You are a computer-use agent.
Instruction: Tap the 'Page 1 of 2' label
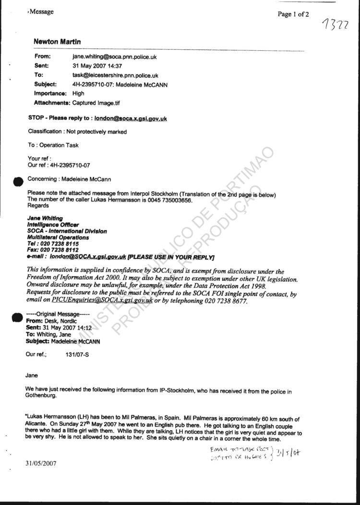click(x=293, y=14)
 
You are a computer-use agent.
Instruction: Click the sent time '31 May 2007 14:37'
click(x=97, y=66)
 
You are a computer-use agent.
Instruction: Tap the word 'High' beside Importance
click(x=78, y=94)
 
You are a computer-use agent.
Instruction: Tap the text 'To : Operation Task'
click(x=53, y=145)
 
